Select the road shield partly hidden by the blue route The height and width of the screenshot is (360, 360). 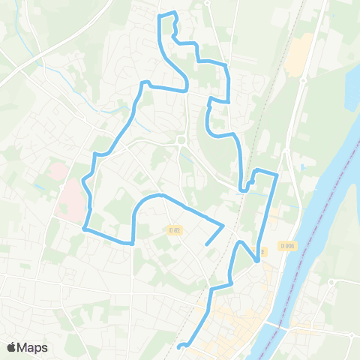(262, 251)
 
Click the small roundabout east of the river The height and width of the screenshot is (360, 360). (331, 282)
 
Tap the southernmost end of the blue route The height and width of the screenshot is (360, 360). (178, 347)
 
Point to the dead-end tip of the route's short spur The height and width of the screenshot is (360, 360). (206, 243)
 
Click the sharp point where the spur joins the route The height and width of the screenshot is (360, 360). (223, 224)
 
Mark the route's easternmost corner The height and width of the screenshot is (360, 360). (277, 175)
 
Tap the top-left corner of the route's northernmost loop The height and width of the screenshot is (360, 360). (159, 15)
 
